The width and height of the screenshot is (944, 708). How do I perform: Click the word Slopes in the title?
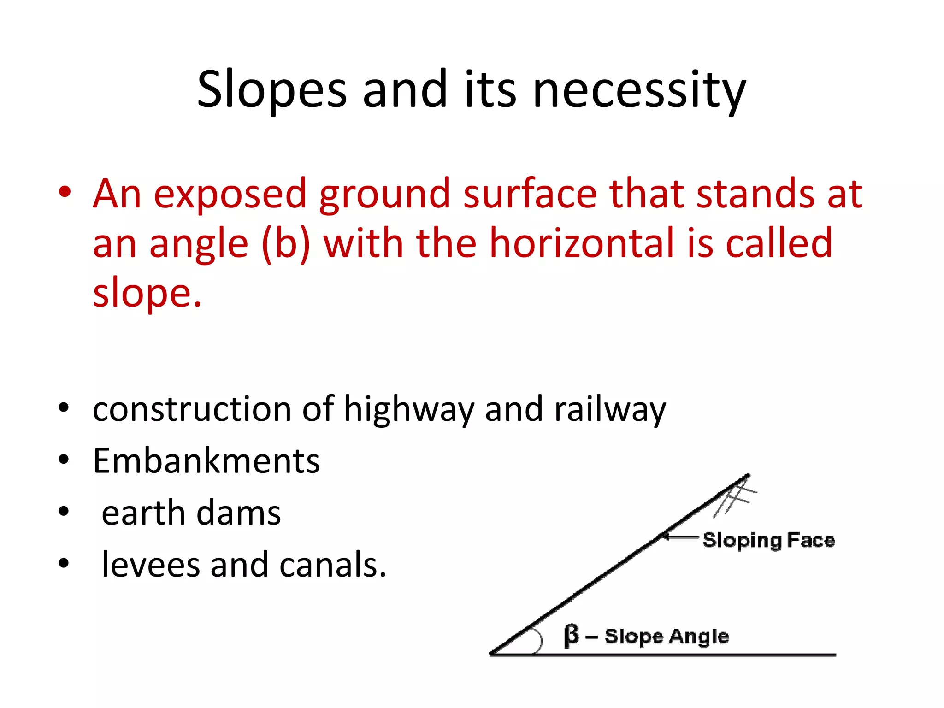(x=271, y=90)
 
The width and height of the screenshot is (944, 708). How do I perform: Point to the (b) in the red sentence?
(x=285, y=243)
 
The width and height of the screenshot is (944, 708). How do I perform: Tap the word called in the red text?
(x=779, y=243)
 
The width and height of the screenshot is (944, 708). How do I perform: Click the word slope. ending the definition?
(x=147, y=294)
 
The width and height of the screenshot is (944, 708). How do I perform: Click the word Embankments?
(x=206, y=460)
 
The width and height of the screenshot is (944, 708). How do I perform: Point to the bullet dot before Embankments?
(x=64, y=459)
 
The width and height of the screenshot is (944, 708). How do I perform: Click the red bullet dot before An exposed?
(x=65, y=192)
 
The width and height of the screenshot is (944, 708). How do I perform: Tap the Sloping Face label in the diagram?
(x=768, y=540)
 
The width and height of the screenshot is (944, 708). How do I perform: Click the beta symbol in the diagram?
(x=571, y=636)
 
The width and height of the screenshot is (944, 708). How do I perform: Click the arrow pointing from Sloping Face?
(x=679, y=537)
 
